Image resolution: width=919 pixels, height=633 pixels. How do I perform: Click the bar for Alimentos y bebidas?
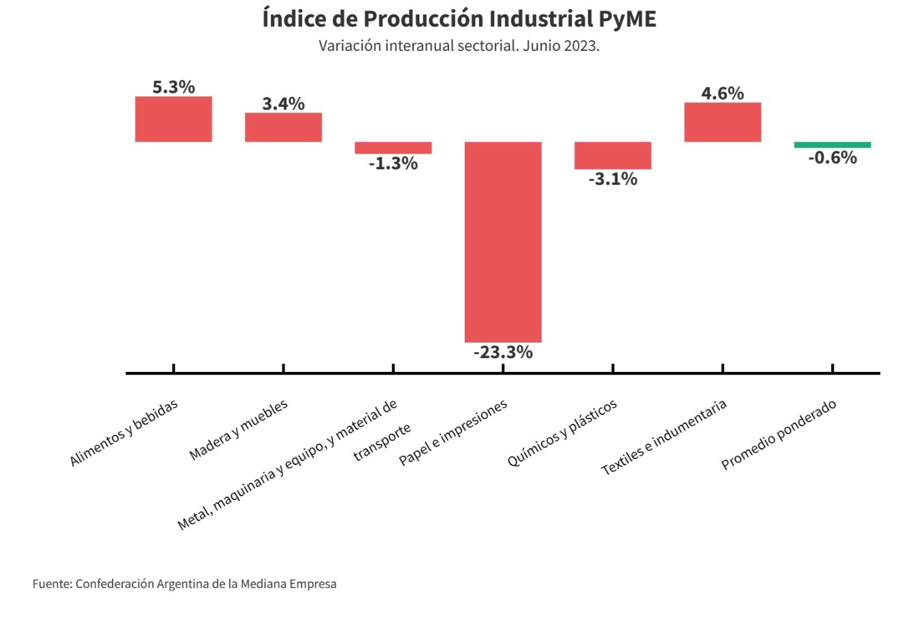point(173,119)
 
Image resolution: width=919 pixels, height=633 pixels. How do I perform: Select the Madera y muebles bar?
point(283,127)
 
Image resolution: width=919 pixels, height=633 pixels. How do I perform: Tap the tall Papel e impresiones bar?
point(502,242)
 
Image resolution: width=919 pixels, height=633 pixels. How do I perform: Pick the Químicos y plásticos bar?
point(612,155)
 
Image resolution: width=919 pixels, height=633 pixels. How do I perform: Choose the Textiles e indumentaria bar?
point(722,122)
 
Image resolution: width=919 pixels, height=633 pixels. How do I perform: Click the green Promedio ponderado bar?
point(832,145)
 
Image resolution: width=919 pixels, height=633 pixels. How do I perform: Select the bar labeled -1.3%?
point(393,148)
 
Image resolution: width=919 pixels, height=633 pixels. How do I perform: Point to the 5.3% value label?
point(173,87)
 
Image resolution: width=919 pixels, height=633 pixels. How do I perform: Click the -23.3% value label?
point(502,352)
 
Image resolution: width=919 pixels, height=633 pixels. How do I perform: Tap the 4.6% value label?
point(722,93)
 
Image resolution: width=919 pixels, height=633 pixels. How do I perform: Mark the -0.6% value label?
point(832,158)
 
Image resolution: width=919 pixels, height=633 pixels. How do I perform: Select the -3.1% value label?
point(612,179)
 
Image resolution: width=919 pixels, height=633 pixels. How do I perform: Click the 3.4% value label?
point(283,104)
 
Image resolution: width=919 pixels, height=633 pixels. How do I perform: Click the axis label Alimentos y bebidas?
point(124,433)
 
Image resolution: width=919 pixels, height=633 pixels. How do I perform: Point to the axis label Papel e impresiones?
point(453,432)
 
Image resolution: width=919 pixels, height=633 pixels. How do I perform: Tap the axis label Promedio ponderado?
point(778,434)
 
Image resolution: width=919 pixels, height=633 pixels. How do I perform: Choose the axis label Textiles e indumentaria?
point(663,437)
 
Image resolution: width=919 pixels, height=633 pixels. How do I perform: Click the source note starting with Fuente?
point(184,584)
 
